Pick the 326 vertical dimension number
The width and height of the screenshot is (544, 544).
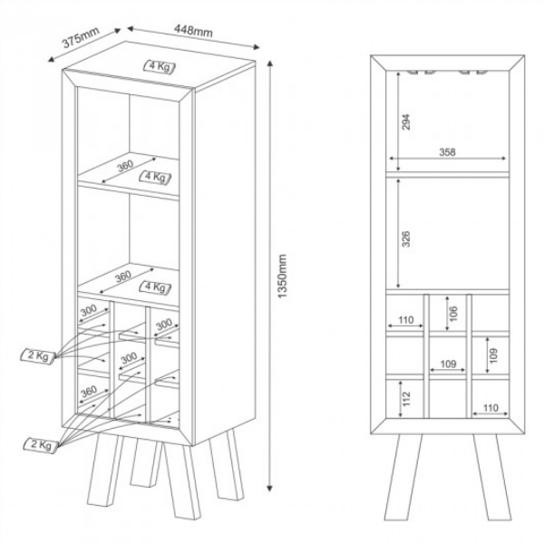point(407,238)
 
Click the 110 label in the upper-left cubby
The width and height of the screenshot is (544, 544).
point(404,320)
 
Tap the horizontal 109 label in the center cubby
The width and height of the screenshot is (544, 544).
point(448,364)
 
